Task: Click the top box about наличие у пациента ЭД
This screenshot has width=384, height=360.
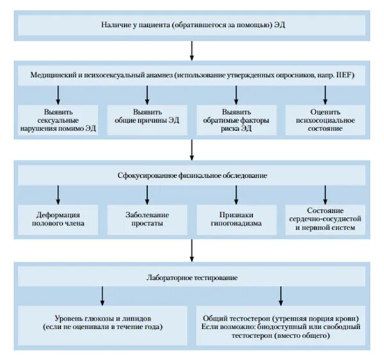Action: click(192, 26)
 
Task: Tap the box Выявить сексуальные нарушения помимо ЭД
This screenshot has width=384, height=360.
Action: click(58, 120)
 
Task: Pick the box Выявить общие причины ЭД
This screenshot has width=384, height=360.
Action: click(147, 120)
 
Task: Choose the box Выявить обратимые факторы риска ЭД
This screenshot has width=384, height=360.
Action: click(237, 120)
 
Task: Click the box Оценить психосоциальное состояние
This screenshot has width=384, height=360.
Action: click(324, 120)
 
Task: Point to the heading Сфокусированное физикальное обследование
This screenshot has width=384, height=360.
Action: click(192, 175)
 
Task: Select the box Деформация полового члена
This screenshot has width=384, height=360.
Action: click(58, 219)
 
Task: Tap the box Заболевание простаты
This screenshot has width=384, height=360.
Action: click(147, 219)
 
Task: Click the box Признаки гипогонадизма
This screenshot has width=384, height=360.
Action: click(237, 219)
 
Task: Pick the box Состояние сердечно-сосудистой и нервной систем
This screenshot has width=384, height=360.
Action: click(324, 219)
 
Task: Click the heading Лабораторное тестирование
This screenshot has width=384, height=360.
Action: click(192, 277)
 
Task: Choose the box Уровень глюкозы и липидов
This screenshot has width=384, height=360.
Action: click(102, 323)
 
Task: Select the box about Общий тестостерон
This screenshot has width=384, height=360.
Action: click(280, 323)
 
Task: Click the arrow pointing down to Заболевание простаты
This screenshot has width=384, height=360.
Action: click(147, 194)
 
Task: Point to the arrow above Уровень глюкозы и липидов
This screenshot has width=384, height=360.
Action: click(102, 295)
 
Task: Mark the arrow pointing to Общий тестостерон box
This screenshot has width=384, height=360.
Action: click(281, 295)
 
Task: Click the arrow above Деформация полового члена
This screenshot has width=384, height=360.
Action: click(58, 194)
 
